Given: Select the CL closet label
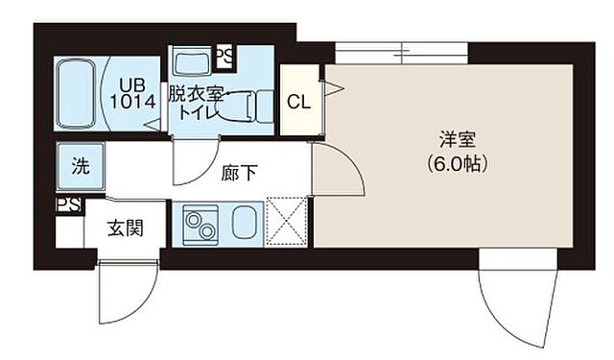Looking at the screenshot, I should click(x=297, y=100).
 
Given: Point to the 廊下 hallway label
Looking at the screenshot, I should click(x=239, y=175).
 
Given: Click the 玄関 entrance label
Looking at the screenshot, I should click(x=125, y=228).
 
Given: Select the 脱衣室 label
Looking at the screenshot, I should click(x=190, y=94).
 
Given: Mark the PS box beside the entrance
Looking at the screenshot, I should click(x=67, y=205).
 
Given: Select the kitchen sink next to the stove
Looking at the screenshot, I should click(x=242, y=223).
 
